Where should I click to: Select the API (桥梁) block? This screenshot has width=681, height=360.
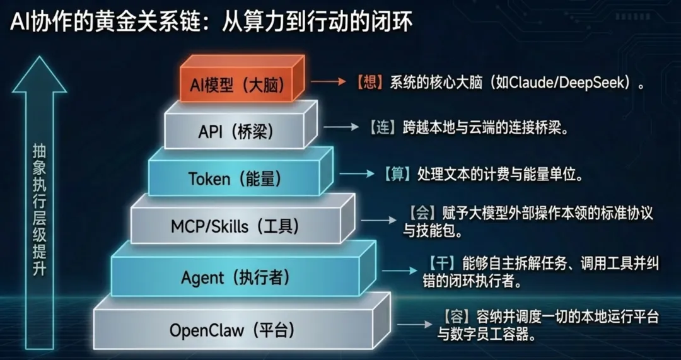pos(236,132)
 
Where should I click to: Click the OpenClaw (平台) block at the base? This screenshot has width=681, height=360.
pos(233,329)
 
